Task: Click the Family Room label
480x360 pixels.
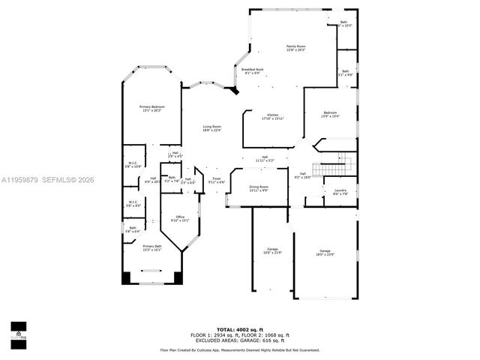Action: [295, 48]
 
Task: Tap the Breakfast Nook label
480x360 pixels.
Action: [252, 70]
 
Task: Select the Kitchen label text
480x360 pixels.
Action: [272, 117]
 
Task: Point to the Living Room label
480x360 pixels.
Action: [211, 128]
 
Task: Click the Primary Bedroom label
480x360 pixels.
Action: [151, 109]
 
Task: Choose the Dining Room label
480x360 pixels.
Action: [258, 188]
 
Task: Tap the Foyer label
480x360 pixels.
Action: [216, 180]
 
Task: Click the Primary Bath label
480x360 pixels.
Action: [152, 247]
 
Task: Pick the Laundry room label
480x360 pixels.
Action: [340, 192]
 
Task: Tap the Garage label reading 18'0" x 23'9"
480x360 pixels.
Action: [325, 253]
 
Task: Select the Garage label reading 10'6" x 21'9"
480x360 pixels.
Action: [272, 250]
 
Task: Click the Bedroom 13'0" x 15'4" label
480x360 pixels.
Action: [330, 115]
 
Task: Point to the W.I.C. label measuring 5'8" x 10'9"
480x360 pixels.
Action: [132, 164]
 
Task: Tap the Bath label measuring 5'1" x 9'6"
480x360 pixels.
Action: [346, 73]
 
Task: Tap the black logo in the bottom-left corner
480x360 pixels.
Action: [17, 329]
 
